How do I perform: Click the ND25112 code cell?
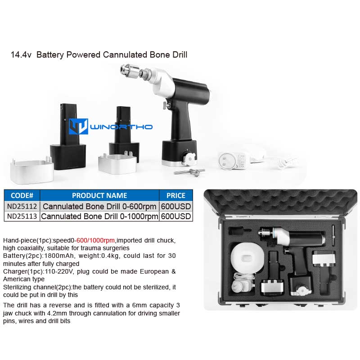(22, 207)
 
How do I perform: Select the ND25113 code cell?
(22, 216)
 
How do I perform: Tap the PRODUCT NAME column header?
(99, 195)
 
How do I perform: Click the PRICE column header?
(176, 195)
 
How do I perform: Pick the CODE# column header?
(22, 195)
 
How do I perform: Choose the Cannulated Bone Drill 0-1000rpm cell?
(99, 216)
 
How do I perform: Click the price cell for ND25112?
(176, 207)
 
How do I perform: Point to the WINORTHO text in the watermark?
(121, 127)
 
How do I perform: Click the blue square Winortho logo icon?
(78, 126)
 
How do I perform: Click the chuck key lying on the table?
(189, 172)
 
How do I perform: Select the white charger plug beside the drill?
(232, 161)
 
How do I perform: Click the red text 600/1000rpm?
(95, 240)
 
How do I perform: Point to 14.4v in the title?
(21, 55)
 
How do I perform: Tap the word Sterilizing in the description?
(17, 288)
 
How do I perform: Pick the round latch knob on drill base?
(189, 158)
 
